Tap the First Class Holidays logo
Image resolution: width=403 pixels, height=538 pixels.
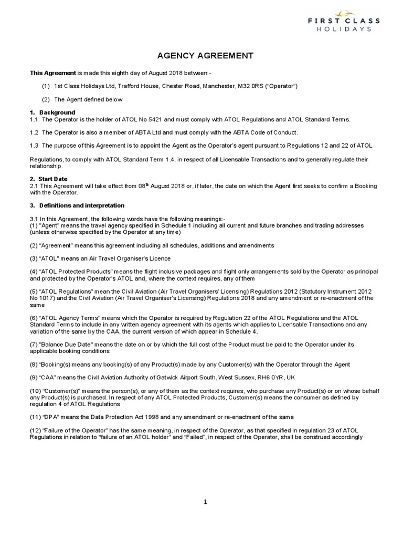pos(344,20)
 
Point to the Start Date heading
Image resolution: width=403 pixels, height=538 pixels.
pos(55,179)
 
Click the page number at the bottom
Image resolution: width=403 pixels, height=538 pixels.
pos(206,502)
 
